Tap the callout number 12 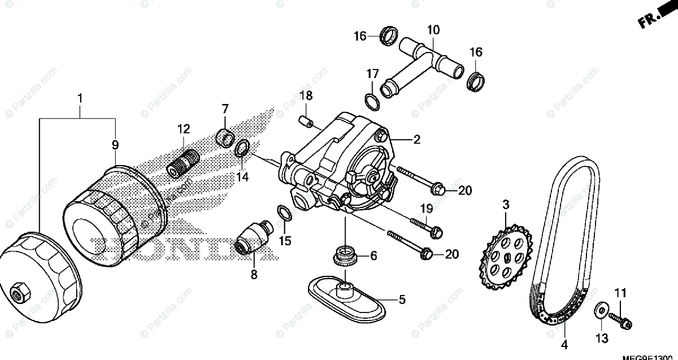[184, 129]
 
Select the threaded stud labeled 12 [182, 162]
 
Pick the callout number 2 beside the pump [416, 140]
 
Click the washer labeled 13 [601, 310]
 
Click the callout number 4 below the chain [563, 343]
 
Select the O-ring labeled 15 [285, 212]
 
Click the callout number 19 [425, 209]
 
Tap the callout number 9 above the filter [115, 145]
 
